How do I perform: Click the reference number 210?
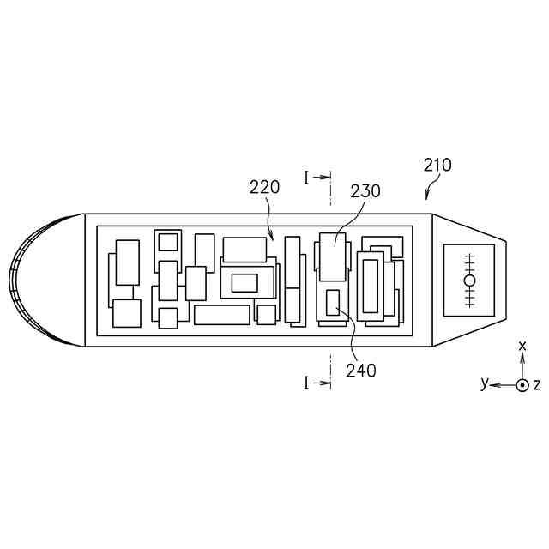(x=437, y=165)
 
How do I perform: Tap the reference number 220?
(x=264, y=187)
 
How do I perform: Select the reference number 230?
(x=366, y=191)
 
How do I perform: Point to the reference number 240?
(x=361, y=371)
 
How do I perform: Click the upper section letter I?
(x=306, y=178)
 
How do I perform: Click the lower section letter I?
(x=306, y=383)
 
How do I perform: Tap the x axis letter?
(x=522, y=346)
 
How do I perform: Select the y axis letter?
(x=485, y=383)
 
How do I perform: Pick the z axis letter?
(x=538, y=384)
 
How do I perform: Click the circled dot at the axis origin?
(x=522, y=384)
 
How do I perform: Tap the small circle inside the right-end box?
(x=469, y=280)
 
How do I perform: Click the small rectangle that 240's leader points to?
(x=334, y=303)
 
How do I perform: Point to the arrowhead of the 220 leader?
(x=272, y=239)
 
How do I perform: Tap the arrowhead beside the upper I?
(x=326, y=178)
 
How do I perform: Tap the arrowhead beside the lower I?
(x=326, y=383)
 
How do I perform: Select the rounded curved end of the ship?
(x=39, y=280)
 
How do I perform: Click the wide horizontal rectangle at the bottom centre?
(x=221, y=315)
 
